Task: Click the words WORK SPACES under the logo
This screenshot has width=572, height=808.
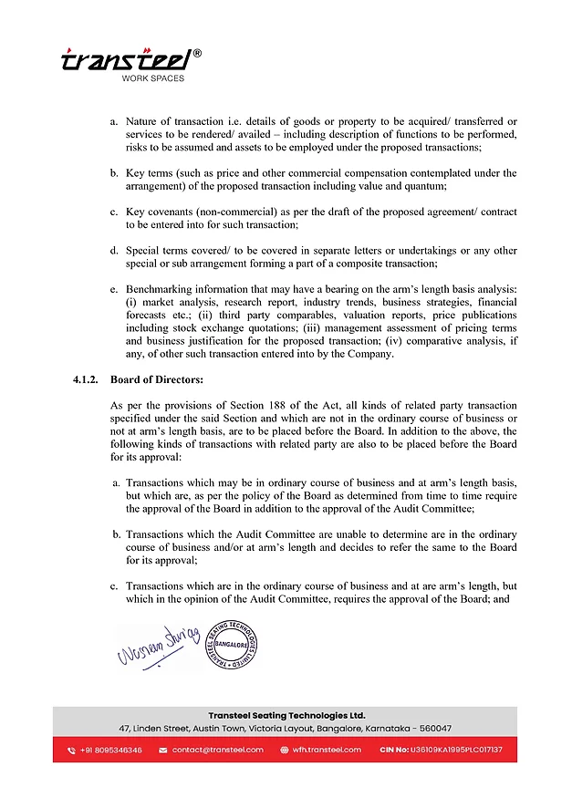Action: coord(152,78)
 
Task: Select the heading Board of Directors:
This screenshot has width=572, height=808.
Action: coord(157,379)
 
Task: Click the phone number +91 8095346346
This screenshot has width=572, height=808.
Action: coord(111,750)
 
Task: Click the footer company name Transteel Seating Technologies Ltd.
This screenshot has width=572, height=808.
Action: coord(286,716)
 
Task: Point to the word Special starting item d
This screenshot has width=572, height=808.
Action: coord(144,251)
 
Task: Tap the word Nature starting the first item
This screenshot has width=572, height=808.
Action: coord(144,121)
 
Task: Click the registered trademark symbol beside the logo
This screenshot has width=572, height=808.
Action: coord(199,53)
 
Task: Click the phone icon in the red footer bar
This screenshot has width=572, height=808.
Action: coord(71,750)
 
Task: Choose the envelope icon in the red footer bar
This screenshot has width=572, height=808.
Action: coord(163,750)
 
